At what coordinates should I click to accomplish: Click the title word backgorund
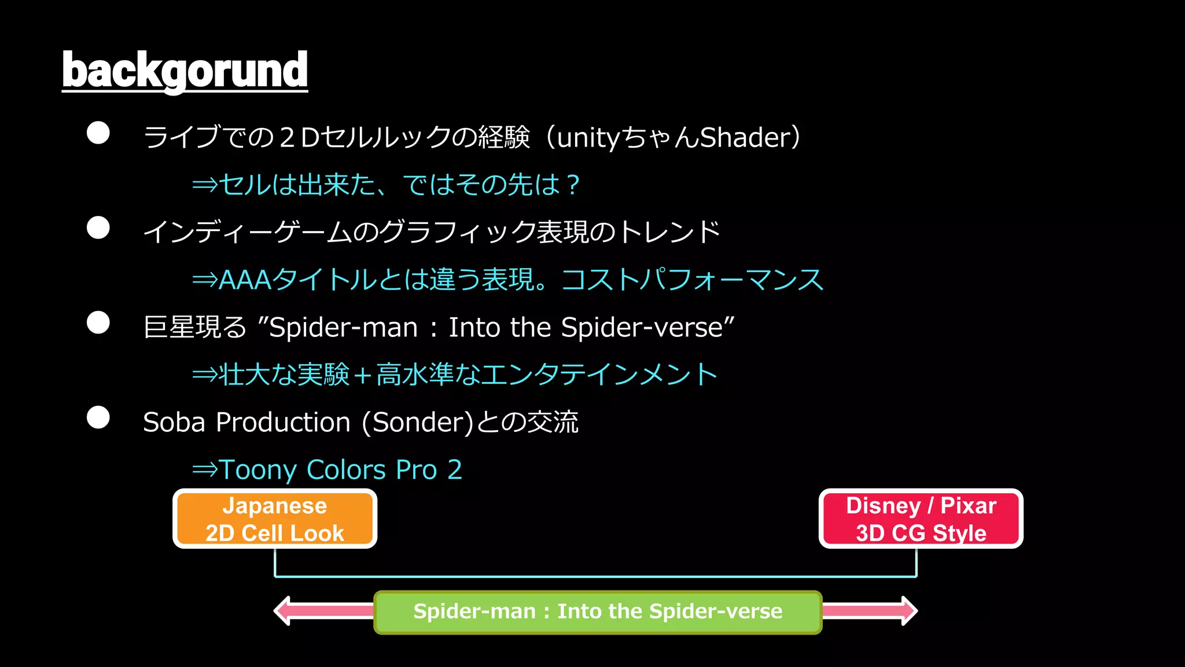point(185,70)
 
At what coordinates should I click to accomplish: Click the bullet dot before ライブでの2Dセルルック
point(98,133)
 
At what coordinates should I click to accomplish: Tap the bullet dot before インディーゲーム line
point(98,228)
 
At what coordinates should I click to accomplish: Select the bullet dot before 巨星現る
point(98,322)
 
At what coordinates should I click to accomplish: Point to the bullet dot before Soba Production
point(98,417)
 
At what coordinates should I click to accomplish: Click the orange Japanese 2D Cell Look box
point(275,519)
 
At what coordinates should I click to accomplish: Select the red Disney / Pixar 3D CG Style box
point(921,519)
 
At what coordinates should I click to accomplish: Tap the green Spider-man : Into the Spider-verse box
point(598,612)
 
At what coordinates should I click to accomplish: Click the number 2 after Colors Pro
point(455,470)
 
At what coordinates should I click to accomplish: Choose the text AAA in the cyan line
point(245,280)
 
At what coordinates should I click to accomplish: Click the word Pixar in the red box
point(968,505)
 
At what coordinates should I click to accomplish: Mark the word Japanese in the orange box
point(275,505)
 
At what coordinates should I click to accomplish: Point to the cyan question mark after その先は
point(573,185)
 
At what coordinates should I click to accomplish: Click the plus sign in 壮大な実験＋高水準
point(363,375)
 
